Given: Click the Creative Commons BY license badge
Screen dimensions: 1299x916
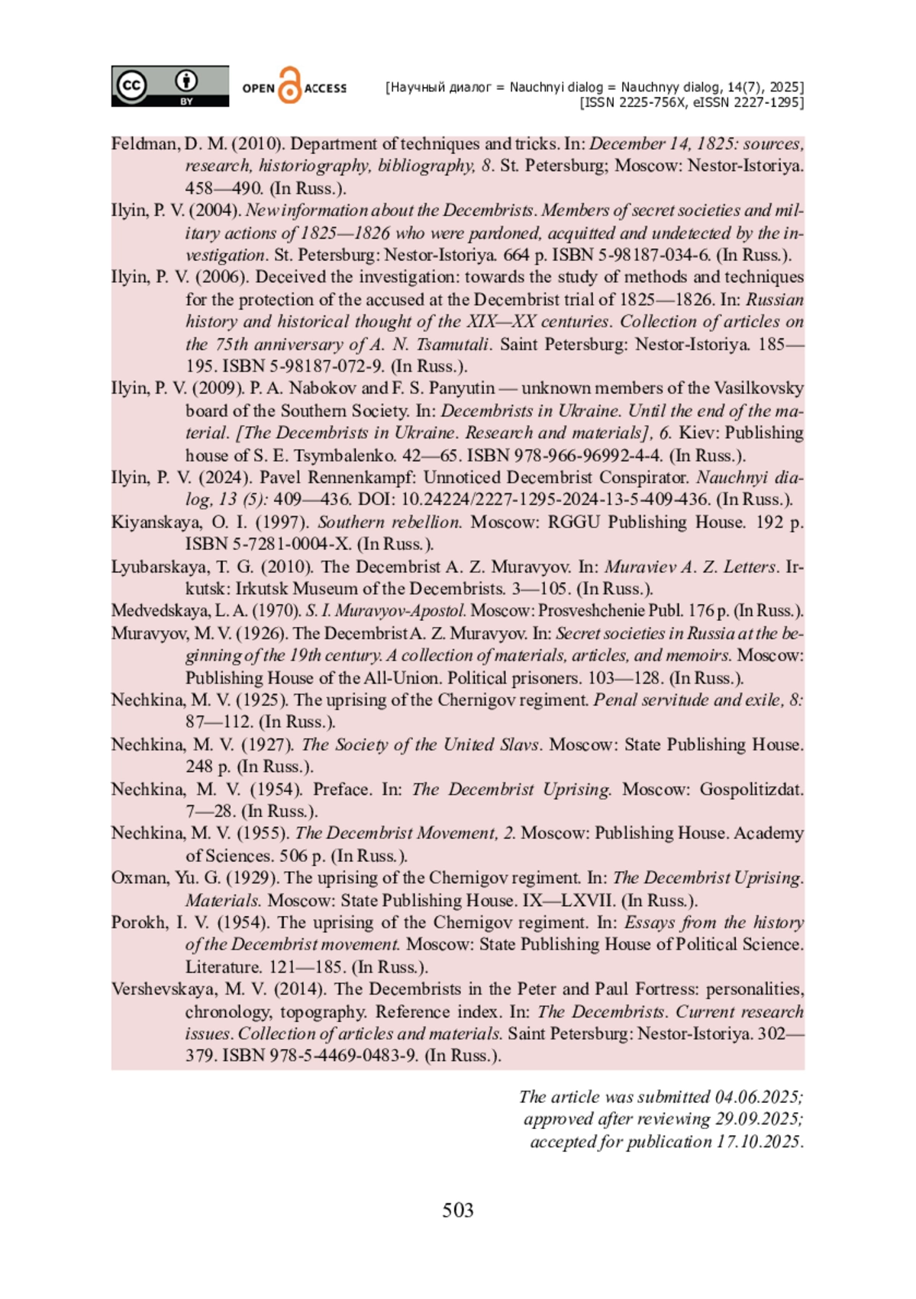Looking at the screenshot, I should click(169, 85).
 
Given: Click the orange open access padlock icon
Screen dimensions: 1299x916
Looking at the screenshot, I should click(290, 85).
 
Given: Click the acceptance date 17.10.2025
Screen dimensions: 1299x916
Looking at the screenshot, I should click(759, 1142).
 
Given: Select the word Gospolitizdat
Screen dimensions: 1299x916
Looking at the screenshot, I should click(751, 789).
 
